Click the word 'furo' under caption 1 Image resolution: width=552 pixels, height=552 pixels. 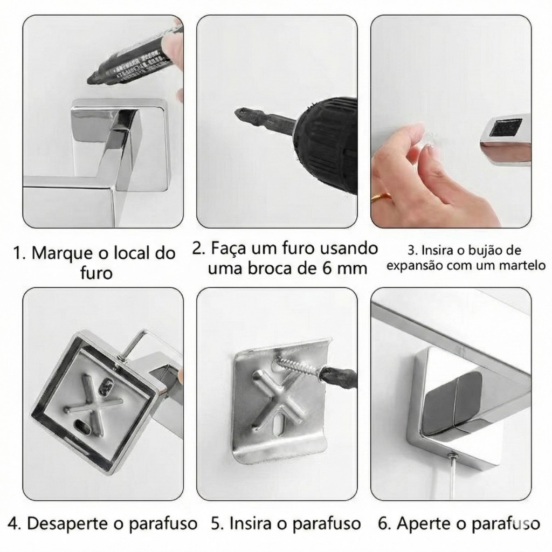click(x=96, y=273)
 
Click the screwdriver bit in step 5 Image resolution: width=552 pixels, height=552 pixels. click(x=337, y=376)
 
